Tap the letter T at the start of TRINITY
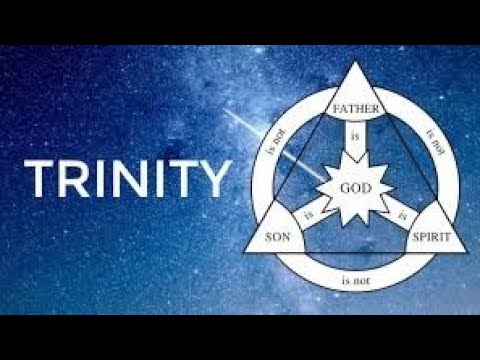pyautogui.click(x=39, y=179)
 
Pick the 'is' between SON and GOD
pyautogui.click(x=307, y=213)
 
